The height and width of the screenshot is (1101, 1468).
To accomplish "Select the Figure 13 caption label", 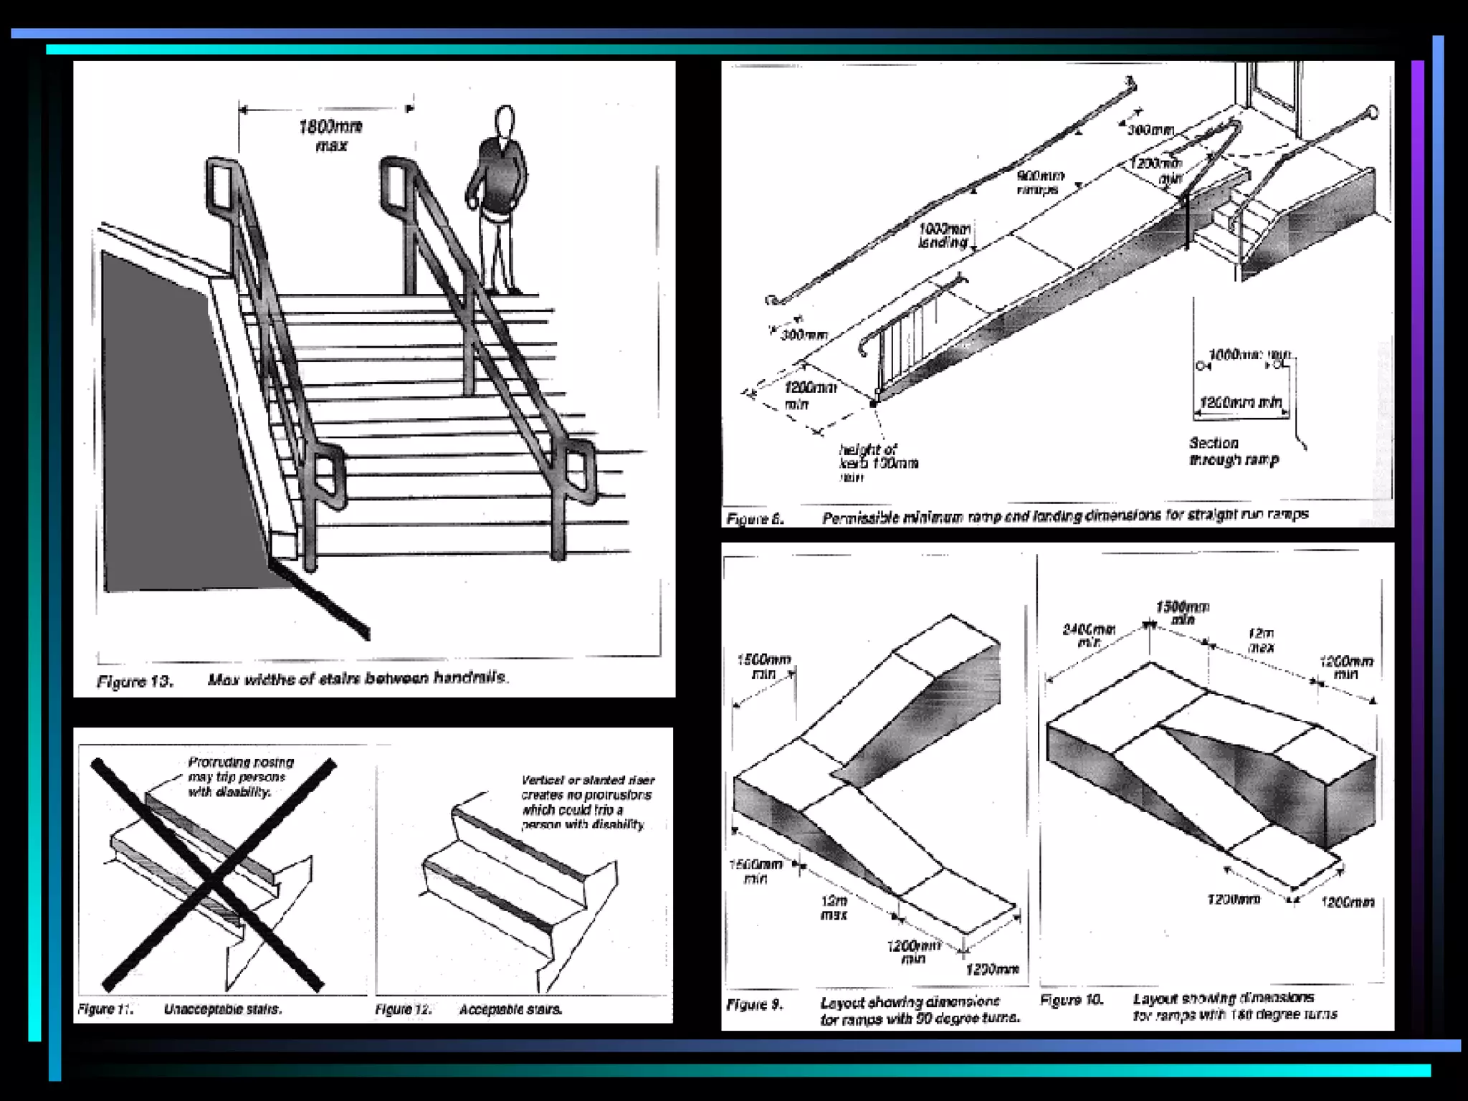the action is (x=135, y=681).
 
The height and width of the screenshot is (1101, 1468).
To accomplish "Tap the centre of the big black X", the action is (x=214, y=875).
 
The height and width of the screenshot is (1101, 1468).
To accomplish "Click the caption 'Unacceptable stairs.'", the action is (x=223, y=1009).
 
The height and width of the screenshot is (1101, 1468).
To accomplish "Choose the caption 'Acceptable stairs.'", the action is (x=510, y=1009).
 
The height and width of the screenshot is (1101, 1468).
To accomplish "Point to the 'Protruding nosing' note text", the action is (x=240, y=777).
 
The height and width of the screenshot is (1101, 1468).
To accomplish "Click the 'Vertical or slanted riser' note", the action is (x=586, y=802).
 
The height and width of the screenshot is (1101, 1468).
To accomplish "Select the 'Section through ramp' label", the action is (x=1233, y=452).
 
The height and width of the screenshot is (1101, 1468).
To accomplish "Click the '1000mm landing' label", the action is (x=944, y=236).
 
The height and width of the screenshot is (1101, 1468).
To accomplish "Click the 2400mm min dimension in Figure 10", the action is (x=1088, y=635).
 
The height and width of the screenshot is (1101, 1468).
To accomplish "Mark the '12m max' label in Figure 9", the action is (x=834, y=907).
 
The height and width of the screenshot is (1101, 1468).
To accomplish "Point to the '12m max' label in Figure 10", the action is (x=1260, y=640).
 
